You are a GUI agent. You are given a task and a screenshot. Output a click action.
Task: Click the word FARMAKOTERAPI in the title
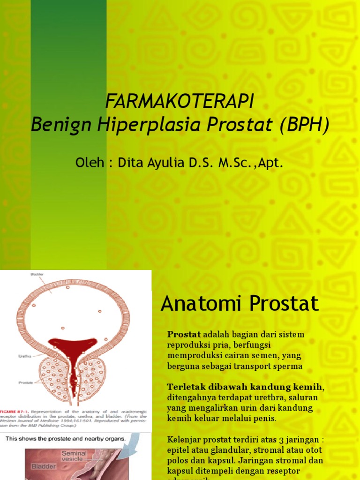(180, 101)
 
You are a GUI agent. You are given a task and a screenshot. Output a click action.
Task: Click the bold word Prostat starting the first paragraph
(184, 335)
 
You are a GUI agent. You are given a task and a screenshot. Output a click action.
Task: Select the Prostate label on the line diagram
(25, 382)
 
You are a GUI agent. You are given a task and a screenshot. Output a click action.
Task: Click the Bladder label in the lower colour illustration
(43, 467)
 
